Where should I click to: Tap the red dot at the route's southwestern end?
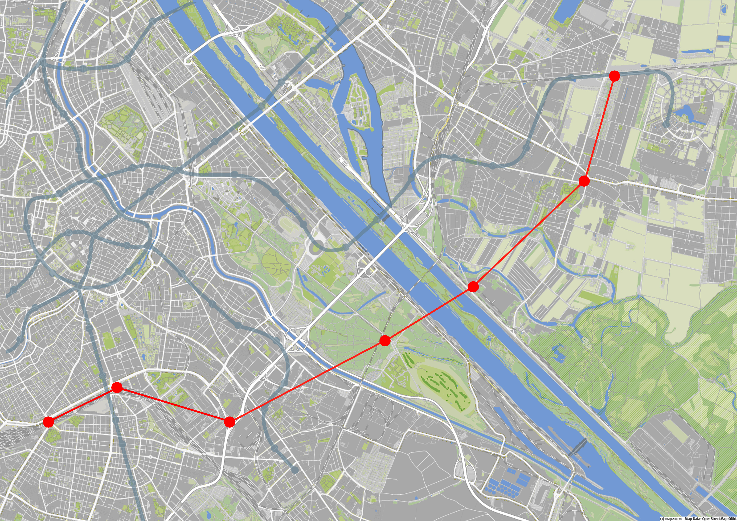(48, 421)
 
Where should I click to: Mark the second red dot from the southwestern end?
(117, 387)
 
